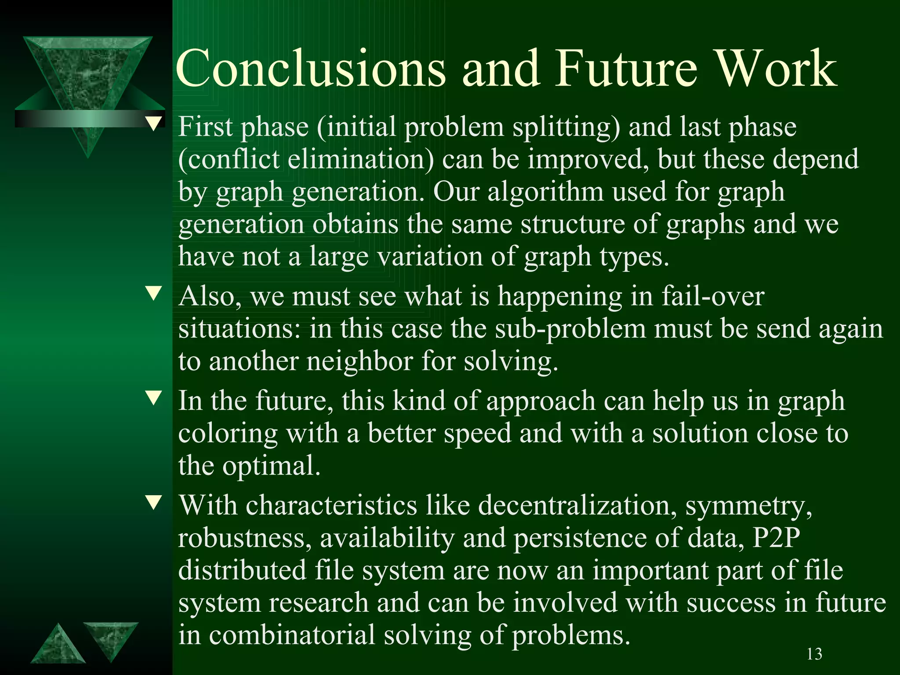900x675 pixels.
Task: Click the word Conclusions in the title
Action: click(x=311, y=69)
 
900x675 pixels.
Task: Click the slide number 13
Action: click(x=814, y=654)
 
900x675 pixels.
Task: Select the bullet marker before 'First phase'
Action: click(x=154, y=123)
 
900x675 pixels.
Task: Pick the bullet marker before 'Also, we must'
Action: click(x=154, y=293)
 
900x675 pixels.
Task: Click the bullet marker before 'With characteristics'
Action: click(x=154, y=502)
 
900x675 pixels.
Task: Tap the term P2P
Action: click(x=776, y=537)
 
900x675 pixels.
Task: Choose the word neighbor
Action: click(x=359, y=361)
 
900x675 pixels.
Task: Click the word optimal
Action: click(x=271, y=466)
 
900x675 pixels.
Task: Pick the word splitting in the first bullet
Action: click(x=566, y=127)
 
